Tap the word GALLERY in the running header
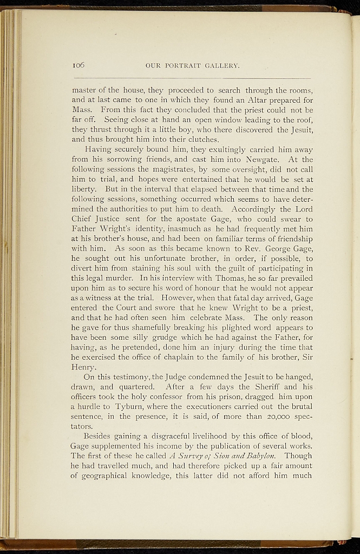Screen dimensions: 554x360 (222, 65)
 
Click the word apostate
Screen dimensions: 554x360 (192, 219)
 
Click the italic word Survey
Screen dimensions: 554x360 (189, 455)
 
